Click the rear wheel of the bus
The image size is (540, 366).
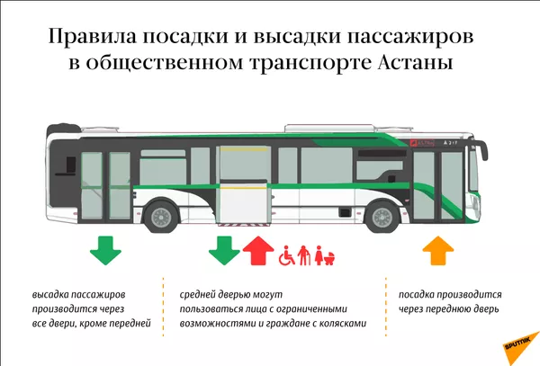(162, 216)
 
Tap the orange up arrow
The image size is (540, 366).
(438, 251)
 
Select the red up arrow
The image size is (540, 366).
(258, 251)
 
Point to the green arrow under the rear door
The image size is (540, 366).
(105, 250)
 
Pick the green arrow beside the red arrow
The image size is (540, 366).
(224, 250)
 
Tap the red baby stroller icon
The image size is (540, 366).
(330, 257)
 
